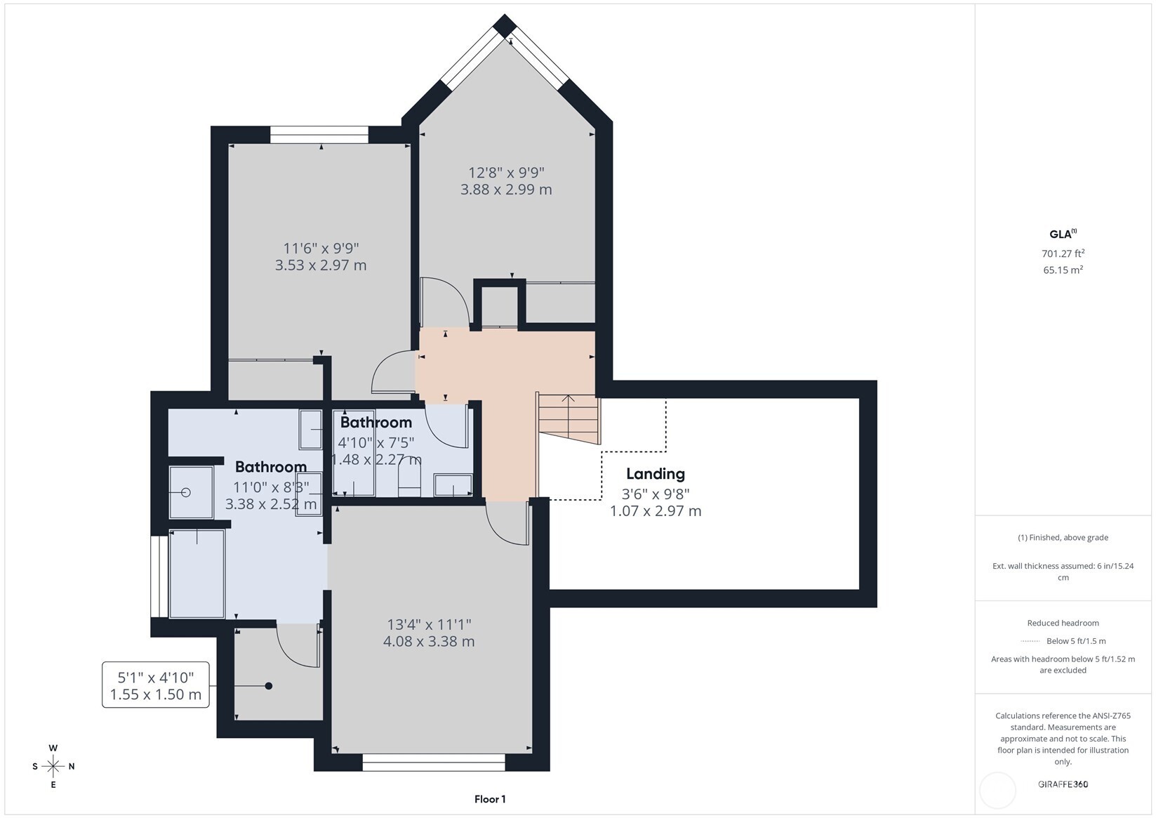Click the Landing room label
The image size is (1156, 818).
pos(656,473)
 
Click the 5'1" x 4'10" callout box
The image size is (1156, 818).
pos(156,685)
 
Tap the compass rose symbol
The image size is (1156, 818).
pos(53,766)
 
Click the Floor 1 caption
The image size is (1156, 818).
pos(490,800)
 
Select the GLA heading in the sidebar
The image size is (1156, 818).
pos(1063,234)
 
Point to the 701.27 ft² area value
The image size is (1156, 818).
pos(1063,253)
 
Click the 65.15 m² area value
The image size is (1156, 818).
pos(1063,270)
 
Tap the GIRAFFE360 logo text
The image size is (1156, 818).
pos(1063,784)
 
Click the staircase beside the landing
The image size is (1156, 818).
pos(569,418)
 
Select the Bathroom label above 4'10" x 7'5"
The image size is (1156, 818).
pos(376,423)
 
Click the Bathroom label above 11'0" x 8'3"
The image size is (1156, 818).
pos(271,467)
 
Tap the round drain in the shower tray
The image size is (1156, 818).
pos(186,492)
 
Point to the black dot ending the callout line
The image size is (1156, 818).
pos(268,686)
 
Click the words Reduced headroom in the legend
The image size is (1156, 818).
pos(1063,623)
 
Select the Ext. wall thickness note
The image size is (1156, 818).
pos(1063,572)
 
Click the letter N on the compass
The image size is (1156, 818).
pos(72,766)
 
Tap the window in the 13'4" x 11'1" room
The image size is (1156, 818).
pos(434,763)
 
